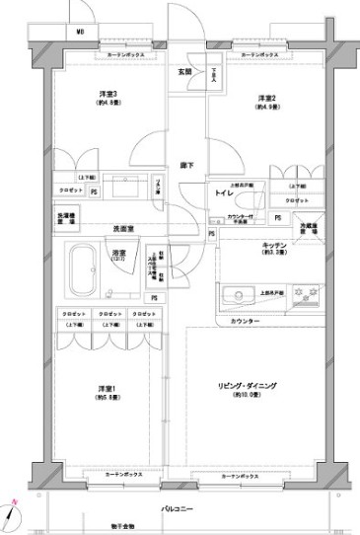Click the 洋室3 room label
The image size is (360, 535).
click(x=108, y=95)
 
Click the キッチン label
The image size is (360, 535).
click(x=274, y=245)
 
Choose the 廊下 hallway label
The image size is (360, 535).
click(x=186, y=164)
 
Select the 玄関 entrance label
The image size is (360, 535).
click(x=184, y=71)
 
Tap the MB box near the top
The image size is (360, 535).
click(x=79, y=31)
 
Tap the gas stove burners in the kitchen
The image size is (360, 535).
click(x=314, y=293)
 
